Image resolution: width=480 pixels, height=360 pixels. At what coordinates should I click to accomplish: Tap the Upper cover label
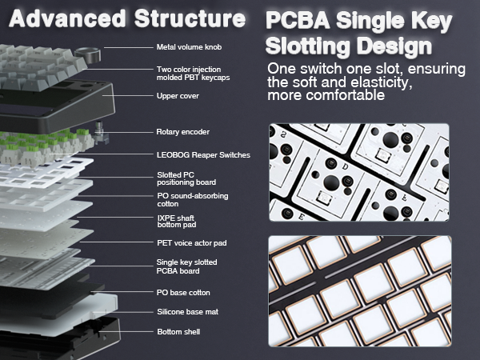[x=178, y=96]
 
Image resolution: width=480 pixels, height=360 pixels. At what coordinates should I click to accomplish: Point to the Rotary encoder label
[x=183, y=131]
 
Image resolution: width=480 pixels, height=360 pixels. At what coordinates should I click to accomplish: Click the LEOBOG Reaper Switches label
[x=203, y=154]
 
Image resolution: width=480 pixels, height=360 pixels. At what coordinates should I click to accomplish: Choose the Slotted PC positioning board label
[x=187, y=179]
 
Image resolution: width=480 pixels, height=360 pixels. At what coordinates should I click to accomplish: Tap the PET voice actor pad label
[x=191, y=242]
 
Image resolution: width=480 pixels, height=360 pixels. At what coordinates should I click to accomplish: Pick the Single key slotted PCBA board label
[x=186, y=266]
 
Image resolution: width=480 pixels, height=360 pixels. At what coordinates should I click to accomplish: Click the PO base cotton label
[x=183, y=292]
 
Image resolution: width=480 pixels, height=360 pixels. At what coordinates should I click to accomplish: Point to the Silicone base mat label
[x=187, y=312]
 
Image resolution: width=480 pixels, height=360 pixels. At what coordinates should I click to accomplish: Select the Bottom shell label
[x=178, y=331]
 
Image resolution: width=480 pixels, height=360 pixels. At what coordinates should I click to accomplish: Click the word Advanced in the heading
[x=61, y=18]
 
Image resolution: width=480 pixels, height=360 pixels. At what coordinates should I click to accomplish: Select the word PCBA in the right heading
[x=298, y=21]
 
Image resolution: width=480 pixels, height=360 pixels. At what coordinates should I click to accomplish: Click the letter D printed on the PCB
[x=346, y=167]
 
